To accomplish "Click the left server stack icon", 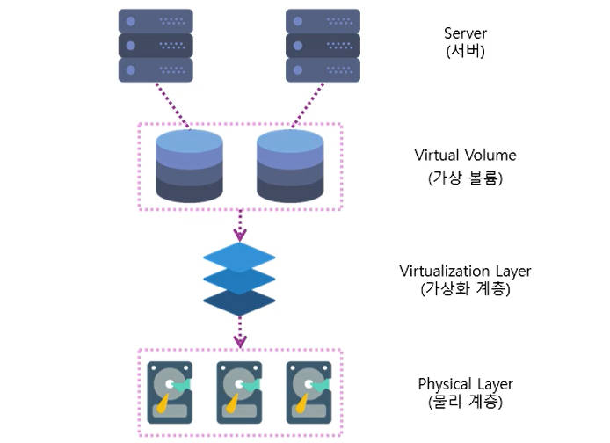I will tap(156, 46).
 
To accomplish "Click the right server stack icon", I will tap(323, 46).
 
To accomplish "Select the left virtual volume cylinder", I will tap(189, 166).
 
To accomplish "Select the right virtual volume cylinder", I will tap(290, 166).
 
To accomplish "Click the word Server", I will tap(465, 34).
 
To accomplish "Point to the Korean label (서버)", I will tap(465, 51).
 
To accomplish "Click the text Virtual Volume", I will tap(465, 156).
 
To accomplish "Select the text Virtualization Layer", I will tap(465, 271).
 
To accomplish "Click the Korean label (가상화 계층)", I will tap(465, 287).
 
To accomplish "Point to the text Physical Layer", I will tap(465, 384).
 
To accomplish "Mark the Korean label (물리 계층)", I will tap(465, 402).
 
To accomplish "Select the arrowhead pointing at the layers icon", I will tap(239, 235).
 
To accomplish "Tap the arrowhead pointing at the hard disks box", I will tap(239, 340).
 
